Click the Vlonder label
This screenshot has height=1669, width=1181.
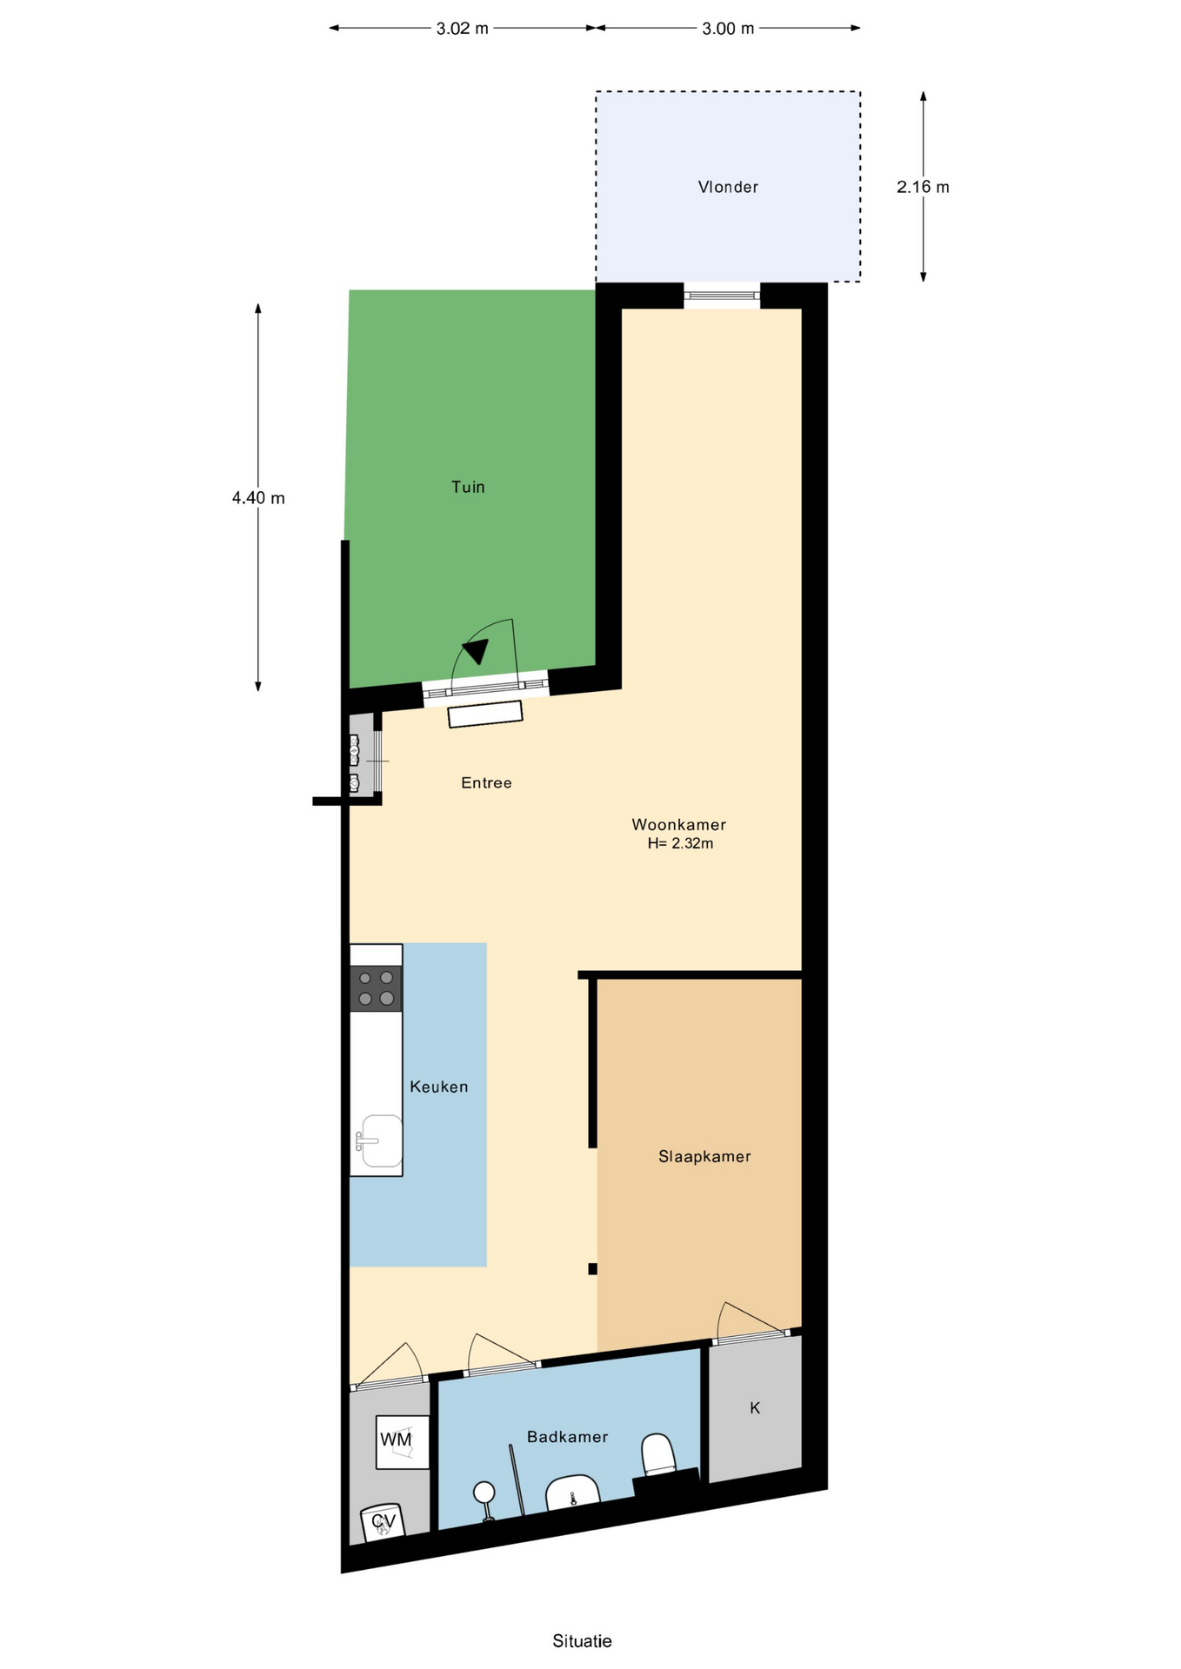(728, 187)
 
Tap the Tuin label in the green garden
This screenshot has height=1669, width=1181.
(468, 487)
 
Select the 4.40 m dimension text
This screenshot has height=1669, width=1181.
(258, 498)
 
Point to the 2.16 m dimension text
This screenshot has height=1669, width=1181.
(923, 187)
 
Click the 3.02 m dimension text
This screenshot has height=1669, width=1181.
(463, 29)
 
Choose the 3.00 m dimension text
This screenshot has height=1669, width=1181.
(728, 29)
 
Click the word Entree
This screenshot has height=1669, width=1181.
(486, 783)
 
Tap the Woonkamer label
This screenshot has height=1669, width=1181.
(678, 824)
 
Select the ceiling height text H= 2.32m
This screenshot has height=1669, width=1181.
(680, 843)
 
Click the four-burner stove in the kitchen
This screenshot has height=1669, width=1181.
(376, 988)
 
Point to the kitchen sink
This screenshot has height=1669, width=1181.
(380, 1141)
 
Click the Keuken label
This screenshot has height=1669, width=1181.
(439, 1087)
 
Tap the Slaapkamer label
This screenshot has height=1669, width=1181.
(704, 1156)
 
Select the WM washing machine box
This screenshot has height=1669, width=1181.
(402, 1442)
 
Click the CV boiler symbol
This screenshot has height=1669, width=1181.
(383, 1521)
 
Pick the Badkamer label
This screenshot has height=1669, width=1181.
(567, 1437)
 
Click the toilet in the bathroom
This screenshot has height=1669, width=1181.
(658, 1456)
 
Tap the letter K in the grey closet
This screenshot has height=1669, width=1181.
(755, 1407)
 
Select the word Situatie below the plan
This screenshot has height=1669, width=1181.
(582, 1641)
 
